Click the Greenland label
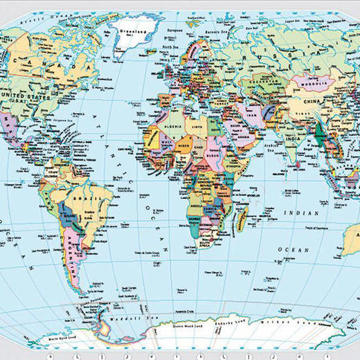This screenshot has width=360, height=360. tap(130, 31)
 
